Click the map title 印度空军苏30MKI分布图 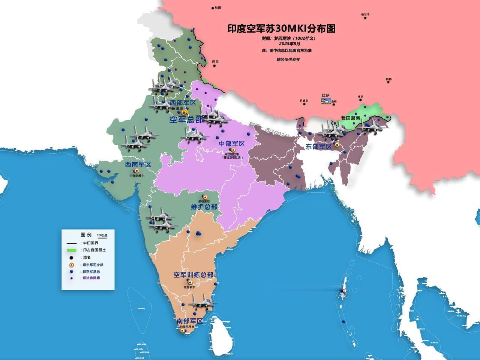pos(281,29)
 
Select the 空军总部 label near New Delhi pos(186,120)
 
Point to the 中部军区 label pos(232,144)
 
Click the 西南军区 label pos(138,165)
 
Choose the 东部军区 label pos(319,147)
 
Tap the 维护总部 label pos(204,207)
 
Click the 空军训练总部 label pos(193,275)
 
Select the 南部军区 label pos(190,321)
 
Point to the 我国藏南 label pos(351,118)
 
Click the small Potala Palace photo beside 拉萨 pos(326,100)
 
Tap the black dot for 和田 pos(213,7)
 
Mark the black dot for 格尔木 pos(365,18)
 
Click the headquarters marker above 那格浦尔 pos(205,197)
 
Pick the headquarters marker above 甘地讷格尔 pos(136,171)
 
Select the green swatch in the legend pos(72,250)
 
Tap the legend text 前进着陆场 pos(91,278)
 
